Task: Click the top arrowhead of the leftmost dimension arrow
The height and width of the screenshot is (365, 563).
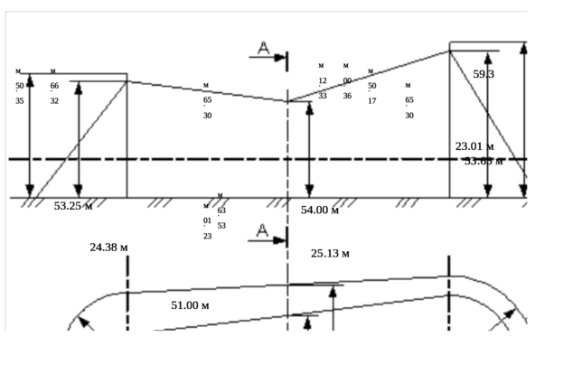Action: pyautogui.click(x=30, y=79)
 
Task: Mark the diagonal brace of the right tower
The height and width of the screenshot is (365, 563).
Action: pyautogui.click(x=488, y=122)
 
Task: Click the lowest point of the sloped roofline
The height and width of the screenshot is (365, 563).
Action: pyautogui.click(x=287, y=101)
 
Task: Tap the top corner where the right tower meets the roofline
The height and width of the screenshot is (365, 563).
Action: pyautogui.click(x=450, y=51)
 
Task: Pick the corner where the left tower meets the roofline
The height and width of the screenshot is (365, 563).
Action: pyautogui.click(x=127, y=80)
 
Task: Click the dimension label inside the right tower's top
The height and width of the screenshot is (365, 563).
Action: pyautogui.click(x=484, y=74)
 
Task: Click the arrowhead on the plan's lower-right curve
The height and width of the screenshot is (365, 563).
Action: pyautogui.click(x=519, y=313)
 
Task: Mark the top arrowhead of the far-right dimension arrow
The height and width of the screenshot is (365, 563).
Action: pyautogui.click(x=522, y=50)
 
